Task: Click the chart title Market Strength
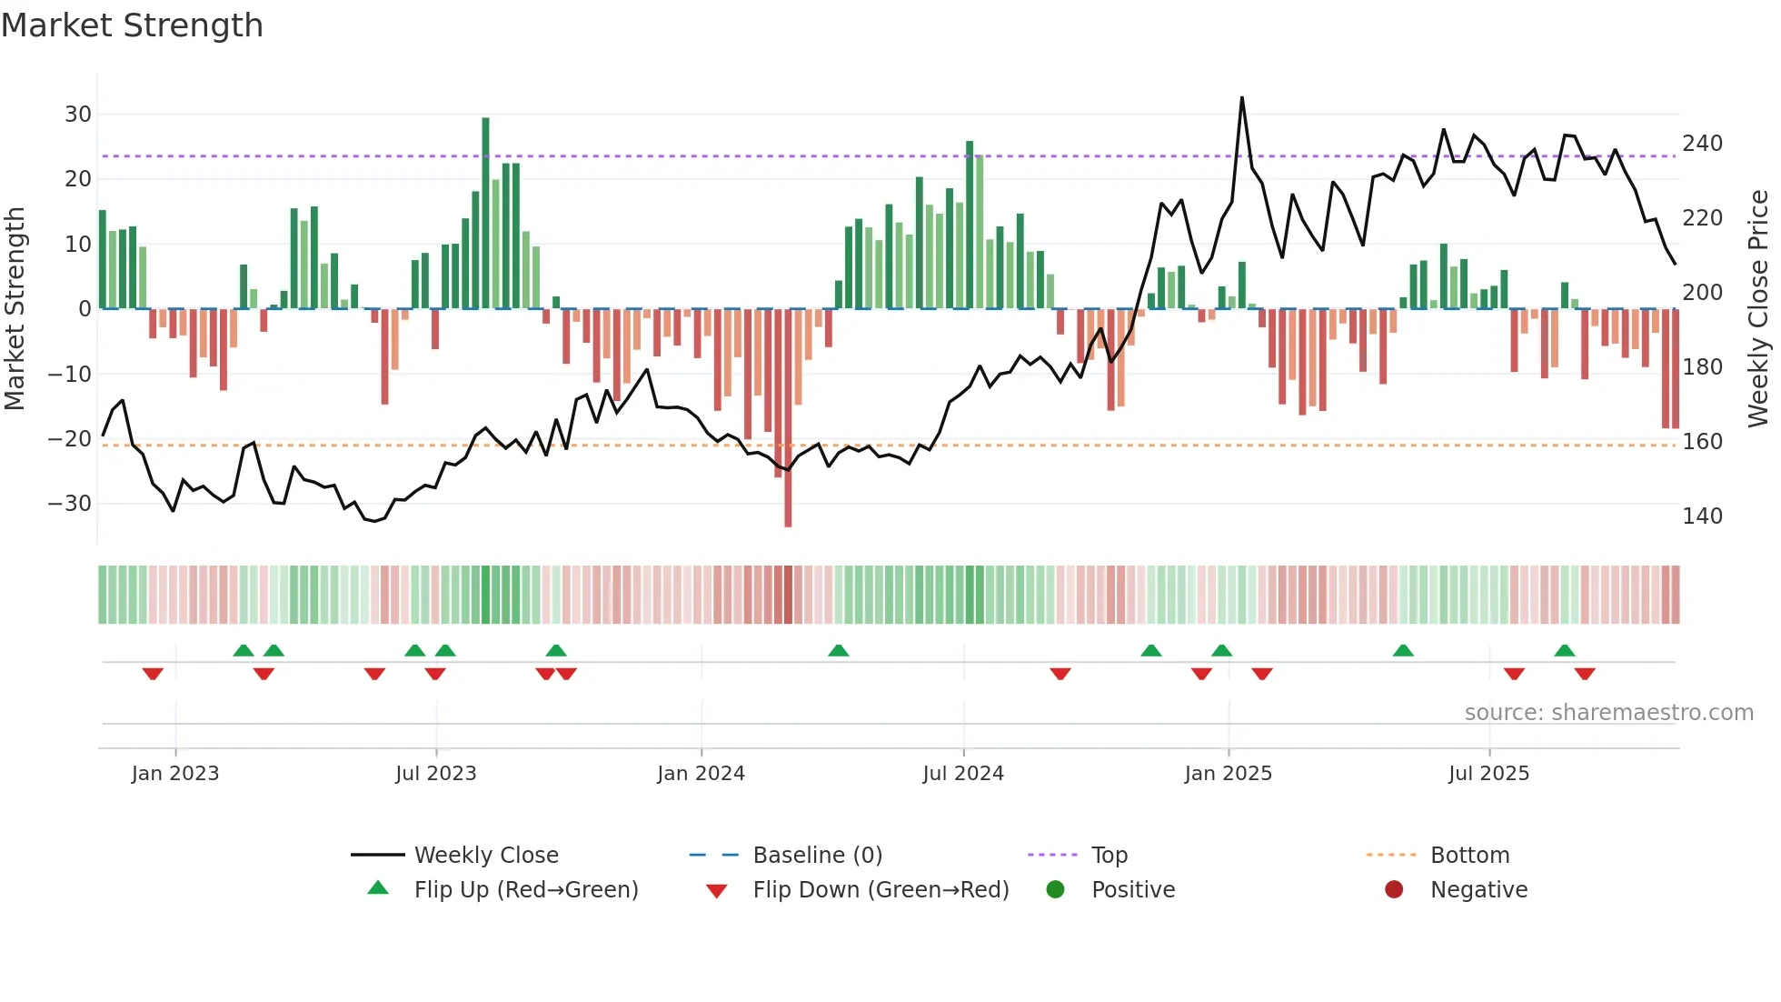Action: tap(132, 25)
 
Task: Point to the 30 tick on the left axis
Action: tap(78, 115)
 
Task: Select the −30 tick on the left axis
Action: tap(70, 504)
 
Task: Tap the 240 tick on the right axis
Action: tap(1702, 144)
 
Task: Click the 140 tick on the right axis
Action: tap(1702, 516)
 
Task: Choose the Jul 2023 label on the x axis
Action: tap(435, 774)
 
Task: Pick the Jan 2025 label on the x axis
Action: tap(1228, 774)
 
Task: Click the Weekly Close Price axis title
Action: tap(1758, 309)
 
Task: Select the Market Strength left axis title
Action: tap(15, 309)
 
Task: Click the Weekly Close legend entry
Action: tap(485, 856)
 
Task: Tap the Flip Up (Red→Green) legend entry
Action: tap(525, 890)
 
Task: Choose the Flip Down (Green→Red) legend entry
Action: tap(880, 890)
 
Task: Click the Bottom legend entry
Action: tap(1469, 856)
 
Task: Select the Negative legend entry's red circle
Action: tap(1394, 890)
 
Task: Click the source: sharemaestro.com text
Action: tap(1608, 713)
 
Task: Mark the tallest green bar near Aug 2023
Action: tap(485, 214)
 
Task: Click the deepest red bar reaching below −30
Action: tap(788, 418)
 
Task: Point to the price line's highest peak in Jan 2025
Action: tap(1242, 98)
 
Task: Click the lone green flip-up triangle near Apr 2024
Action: tap(839, 651)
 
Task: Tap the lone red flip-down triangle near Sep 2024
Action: tap(1060, 674)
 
